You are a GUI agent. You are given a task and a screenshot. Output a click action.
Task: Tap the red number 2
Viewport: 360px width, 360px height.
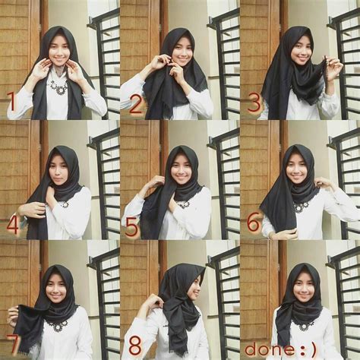(x=136, y=104)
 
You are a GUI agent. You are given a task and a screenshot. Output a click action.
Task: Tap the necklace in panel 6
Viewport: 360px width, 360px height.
(x=302, y=206)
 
